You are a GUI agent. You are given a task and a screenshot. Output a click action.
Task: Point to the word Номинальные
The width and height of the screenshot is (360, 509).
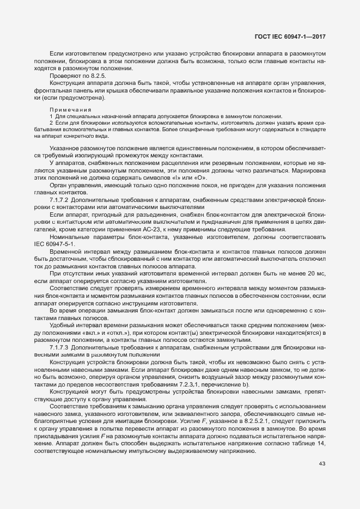pyautogui.click(x=69, y=237)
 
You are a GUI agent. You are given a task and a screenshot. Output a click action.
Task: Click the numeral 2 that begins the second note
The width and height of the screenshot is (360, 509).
pyautogui.click(x=51, y=124)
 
